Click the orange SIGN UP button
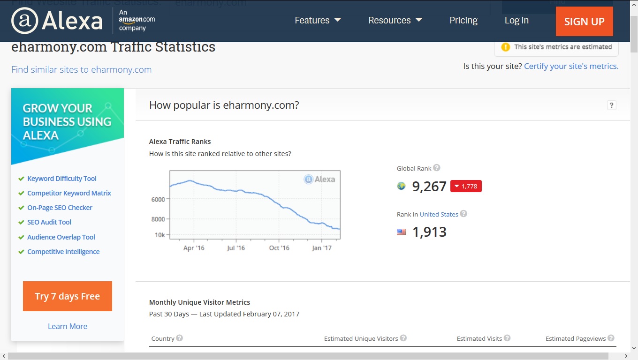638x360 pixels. (x=584, y=22)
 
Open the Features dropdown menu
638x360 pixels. (x=318, y=20)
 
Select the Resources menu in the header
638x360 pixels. (x=395, y=20)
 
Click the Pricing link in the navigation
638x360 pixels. (x=463, y=20)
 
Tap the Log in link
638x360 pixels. (x=516, y=20)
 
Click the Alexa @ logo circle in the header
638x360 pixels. (x=24, y=21)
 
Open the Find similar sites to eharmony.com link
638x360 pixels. (x=82, y=69)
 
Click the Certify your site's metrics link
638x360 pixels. (x=571, y=66)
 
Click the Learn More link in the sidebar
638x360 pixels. (x=68, y=326)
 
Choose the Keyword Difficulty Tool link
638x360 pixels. (x=62, y=179)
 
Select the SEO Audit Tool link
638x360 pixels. (x=49, y=222)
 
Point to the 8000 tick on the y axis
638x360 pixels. (x=158, y=219)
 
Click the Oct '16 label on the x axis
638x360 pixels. (x=279, y=248)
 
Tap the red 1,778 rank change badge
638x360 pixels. (x=466, y=186)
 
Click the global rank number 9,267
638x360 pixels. (x=429, y=187)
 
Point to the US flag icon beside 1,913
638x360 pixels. (x=401, y=232)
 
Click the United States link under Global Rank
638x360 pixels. (x=439, y=214)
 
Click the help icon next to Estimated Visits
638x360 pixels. (x=507, y=338)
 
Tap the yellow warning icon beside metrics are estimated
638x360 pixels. (x=506, y=47)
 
